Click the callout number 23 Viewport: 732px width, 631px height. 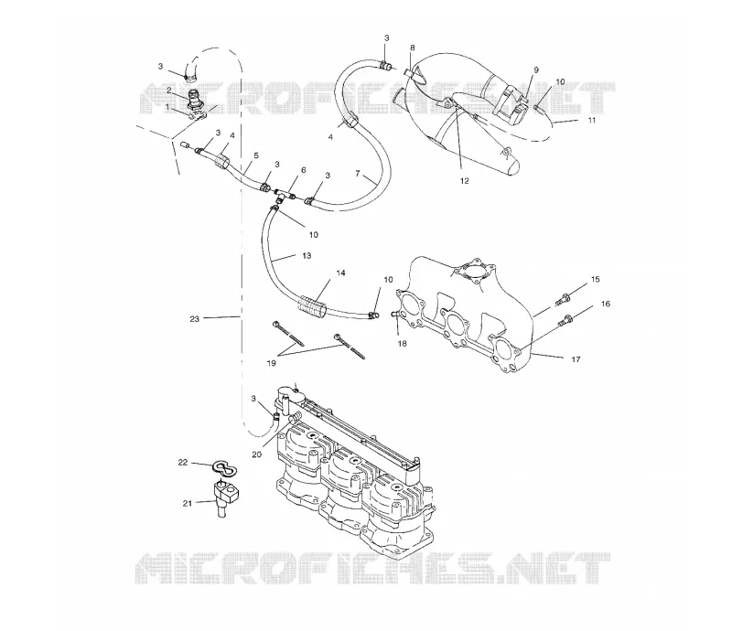194,319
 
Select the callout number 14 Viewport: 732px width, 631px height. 340,273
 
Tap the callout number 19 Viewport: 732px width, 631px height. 271,363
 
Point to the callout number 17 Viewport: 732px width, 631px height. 576,358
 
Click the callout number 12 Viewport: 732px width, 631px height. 465,181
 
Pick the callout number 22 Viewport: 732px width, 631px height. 182,462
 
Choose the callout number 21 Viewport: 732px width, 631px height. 188,503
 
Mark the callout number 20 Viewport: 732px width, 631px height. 257,455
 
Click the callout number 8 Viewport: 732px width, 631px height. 413,48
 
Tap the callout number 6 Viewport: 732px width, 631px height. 304,170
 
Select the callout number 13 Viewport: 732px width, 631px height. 307,255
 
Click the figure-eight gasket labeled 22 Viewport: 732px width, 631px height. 224,467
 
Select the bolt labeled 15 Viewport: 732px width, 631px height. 564,299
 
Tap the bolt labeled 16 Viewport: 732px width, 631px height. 565,321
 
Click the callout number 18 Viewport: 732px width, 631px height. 402,344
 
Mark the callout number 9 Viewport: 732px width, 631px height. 536,70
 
